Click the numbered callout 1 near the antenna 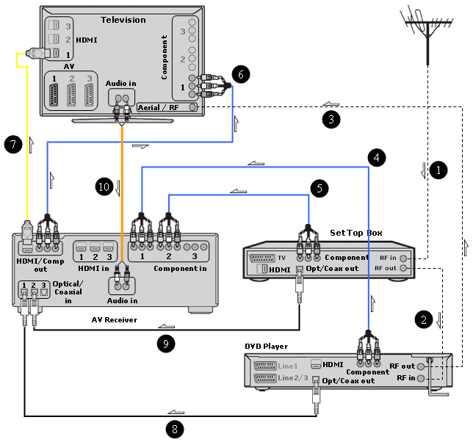pyautogui.click(x=438, y=170)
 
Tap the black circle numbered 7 pyautogui.click(x=12, y=144)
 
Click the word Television pyautogui.click(x=123, y=20)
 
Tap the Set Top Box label pyautogui.click(x=356, y=233)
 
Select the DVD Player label pyautogui.click(x=266, y=346)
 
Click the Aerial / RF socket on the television pyautogui.click(x=193, y=107)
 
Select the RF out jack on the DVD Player pyautogui.click(x=421, y=366)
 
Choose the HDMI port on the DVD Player pyautogui.click(x=317, y=364)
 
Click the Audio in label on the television pyautogui.click(x=120, y=84)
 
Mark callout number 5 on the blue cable pyautogui.click(x=318, y=188)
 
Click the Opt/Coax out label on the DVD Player pyautogui.click(x=348, y=380)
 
